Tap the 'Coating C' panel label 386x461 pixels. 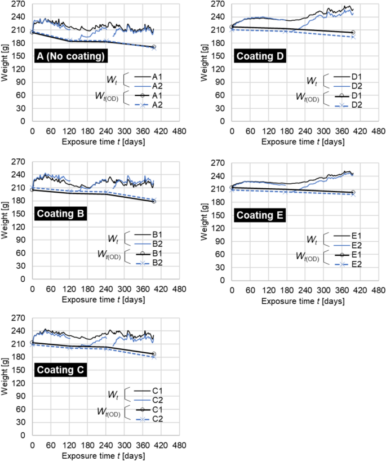pyautogui.click(x=61, y=370)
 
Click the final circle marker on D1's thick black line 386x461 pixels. pyautogui.click(x=353, y=33)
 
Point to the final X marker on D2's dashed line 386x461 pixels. pyautogui.click(x=353, y=37)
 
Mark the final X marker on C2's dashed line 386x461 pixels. pyautogui.click(x=154, y=357)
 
